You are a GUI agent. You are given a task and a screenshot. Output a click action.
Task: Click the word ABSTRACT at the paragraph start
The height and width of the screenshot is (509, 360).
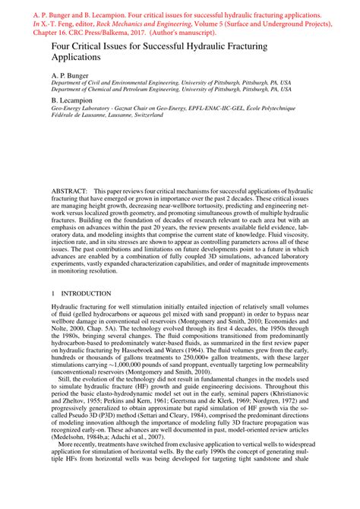pyautogui.click(x=69, y=187)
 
